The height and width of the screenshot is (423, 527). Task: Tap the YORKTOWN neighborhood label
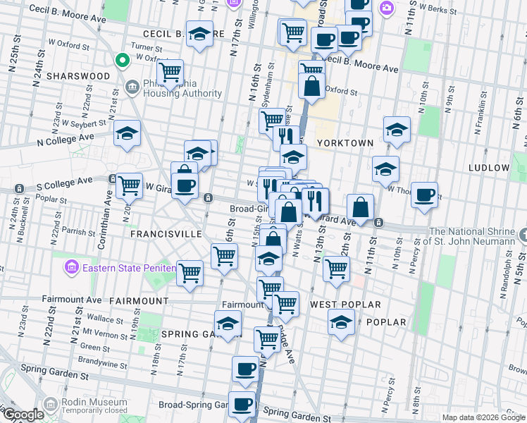(345, 143)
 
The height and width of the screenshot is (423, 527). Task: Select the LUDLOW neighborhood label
(488, 168)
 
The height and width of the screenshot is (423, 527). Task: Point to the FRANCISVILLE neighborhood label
(166, 233)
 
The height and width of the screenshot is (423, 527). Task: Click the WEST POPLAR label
(345, 305)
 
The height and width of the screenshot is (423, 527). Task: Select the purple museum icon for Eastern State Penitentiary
(71, 267)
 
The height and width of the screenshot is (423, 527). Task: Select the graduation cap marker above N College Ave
(127, 133)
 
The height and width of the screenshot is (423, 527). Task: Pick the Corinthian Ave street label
(108, 208)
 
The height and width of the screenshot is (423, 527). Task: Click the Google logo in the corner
(23, 415)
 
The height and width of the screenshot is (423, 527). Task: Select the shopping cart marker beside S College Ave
(130, 185)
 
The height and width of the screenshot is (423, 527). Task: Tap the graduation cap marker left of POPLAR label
(342, 321)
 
